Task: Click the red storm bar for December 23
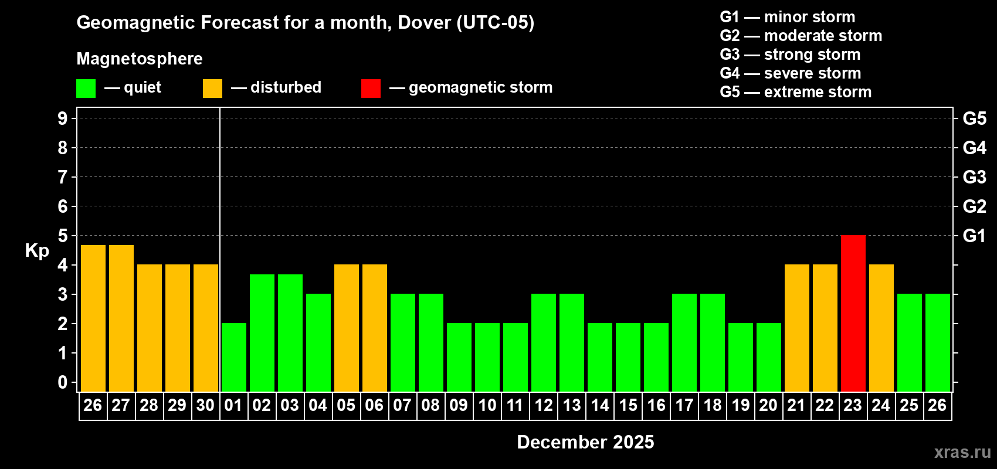[x=853, y=313]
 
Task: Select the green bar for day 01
[x=234, y=357]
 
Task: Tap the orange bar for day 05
[x=347, y=328]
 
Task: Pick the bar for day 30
[x=206, y=328]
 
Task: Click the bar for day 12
[x=544, y=342]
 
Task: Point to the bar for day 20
[x=769, y=357]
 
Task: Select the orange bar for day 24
[x=881, y=328]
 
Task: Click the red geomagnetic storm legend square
[x=371, y=89]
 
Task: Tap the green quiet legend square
[x=86, y=89]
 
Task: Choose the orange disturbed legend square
[x=212, y=89]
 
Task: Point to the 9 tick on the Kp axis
[x=63, y=118]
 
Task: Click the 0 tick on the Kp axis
[x=63, y=383]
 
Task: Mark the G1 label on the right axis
[x=974, y=236]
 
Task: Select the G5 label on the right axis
[x=974, y=118]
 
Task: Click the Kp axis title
[x=37, y=250]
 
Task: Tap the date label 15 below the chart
[x=628, y=405]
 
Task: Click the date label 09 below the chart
[x=459, y=405]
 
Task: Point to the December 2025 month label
[x=585, y=442]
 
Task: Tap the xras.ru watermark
[x=962, y=451]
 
